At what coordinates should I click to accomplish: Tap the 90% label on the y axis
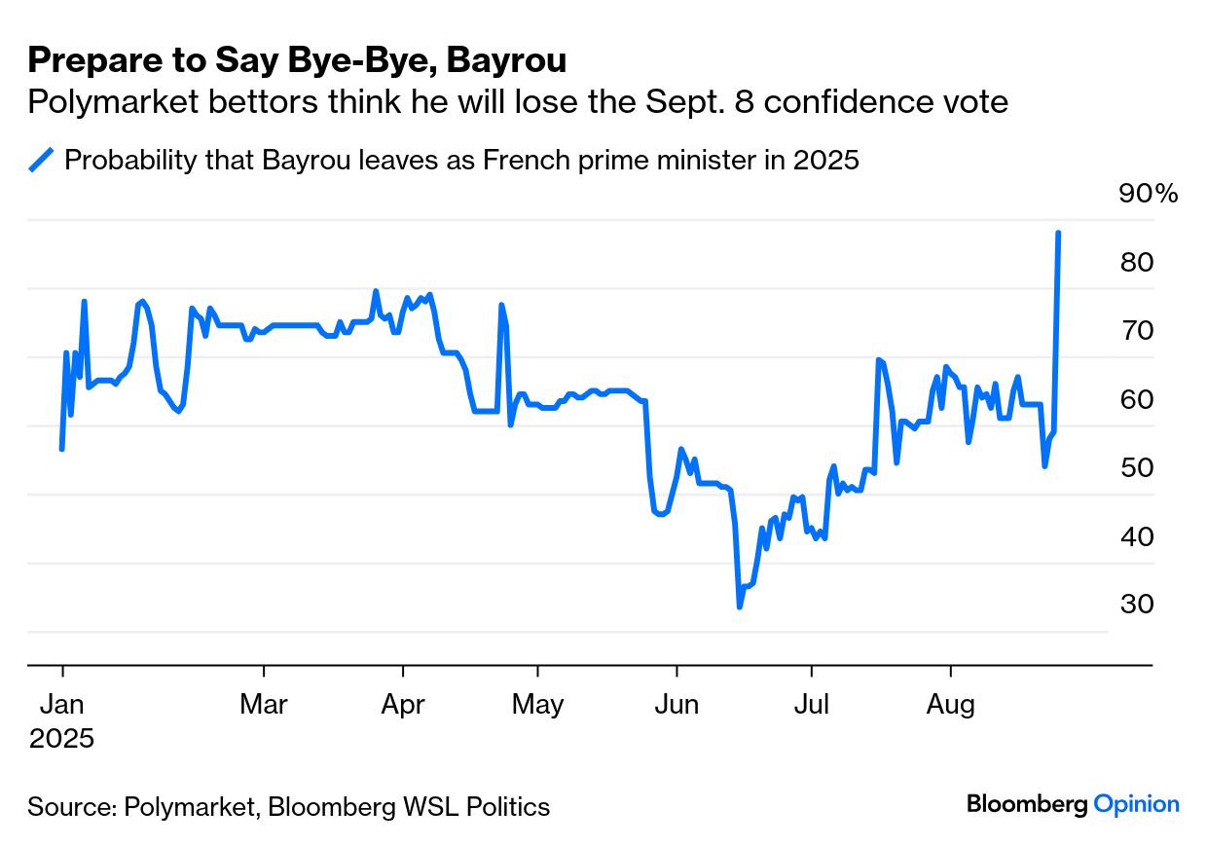click(x=1149, y=194)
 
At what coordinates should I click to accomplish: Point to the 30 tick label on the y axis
click(x=1136, y=605)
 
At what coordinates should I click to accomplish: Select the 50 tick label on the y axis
click(x=1136, y=468)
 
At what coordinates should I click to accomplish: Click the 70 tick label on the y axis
click(x=1136, y=331)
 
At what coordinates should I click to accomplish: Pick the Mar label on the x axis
click(x=264, y=704)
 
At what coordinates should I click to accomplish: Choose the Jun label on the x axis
click(x=677, y=704)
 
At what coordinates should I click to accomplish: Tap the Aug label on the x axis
click(x=950, y=704)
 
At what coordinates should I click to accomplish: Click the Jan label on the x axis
click(x=62, y=704)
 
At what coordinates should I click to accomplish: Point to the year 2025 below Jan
click(x=62, y=739)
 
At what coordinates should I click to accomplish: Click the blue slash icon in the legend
click(x=42, y=160)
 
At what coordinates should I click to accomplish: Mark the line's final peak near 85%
click(x=1058, y=233)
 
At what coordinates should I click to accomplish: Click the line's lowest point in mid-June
click(x=740, y=607)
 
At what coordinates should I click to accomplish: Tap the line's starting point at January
click(x=62, y=449)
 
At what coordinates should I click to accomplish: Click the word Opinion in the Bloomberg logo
click(x=1136, y=804)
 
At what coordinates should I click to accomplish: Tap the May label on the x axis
click(x=537, y=704)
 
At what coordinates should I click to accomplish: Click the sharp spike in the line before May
click(x=501, y=305)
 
